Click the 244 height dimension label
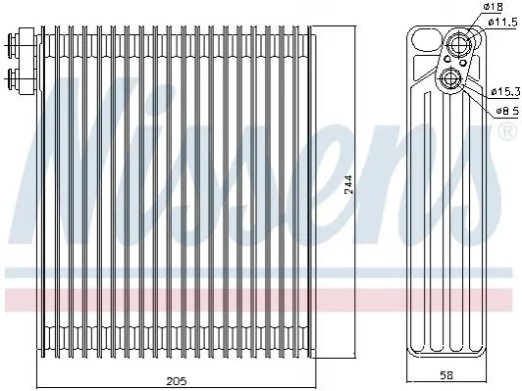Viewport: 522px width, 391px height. point(348,184)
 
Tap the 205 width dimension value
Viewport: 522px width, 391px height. point(176,380)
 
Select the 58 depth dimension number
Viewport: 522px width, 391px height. point(446,375)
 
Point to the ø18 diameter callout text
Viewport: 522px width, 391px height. point(493,7)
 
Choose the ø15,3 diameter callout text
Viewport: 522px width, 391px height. point(505,91)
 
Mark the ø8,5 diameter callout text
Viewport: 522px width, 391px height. point(507,111)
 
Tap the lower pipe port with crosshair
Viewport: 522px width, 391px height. point(451,78)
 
